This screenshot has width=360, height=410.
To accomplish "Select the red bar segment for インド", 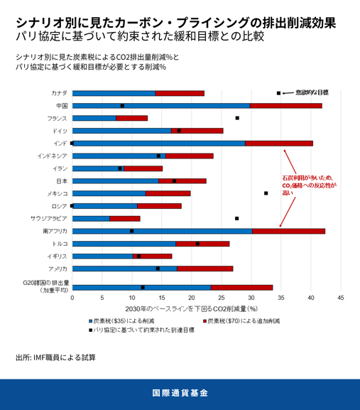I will pyautogui.click(x=279, y=143).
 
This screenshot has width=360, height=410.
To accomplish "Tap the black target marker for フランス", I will pyautogui.click(x=237, y=118).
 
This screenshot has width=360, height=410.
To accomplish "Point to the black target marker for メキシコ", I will pyautogui.click(x=266, y=193).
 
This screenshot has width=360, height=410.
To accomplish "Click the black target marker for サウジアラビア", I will pyautogui.click(x=237, y=218).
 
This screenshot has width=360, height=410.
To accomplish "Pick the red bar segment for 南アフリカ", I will pyautogui.click(x=288, y=231).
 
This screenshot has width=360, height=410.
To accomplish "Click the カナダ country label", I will pyautogui.click(x=60, y=93).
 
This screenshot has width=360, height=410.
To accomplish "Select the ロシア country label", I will pyautogui.click(x=59, y=205).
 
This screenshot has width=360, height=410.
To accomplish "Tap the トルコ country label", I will pyautogui.click(x=59, y=243).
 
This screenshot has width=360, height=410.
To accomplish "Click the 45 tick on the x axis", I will pyautogui.click(x=341, y=298).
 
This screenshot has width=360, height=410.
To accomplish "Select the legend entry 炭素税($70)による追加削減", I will pyautogui.click(x=244, y=321).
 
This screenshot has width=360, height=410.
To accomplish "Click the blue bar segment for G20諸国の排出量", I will pyautogui.click(x=141, y=287).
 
